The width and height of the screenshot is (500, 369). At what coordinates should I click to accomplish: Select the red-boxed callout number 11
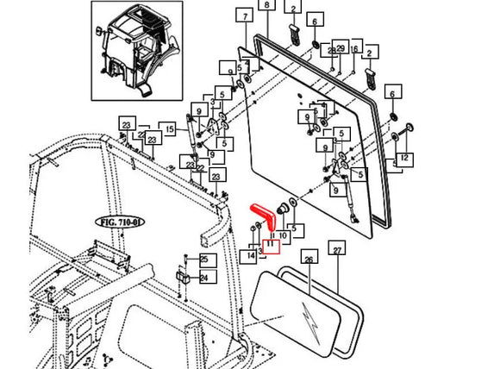[269, 245]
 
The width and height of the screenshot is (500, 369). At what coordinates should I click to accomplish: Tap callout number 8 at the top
[266, 6]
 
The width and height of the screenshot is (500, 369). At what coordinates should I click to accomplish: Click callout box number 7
[245, 16]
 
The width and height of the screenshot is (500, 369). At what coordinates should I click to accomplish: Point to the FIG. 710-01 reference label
[117, 221]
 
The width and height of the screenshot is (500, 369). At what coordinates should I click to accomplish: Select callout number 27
[337, 250]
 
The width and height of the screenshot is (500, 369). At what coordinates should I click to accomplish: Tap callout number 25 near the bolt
[204, 259]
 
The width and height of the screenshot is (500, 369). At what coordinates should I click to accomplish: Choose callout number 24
[204, 278]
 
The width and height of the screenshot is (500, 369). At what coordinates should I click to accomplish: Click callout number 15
[170, 129]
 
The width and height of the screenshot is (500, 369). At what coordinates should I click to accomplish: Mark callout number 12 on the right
[403, 159]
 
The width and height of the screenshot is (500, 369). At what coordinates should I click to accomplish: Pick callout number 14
[251, 256]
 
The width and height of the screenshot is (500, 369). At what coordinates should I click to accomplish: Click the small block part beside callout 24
[184, 278]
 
